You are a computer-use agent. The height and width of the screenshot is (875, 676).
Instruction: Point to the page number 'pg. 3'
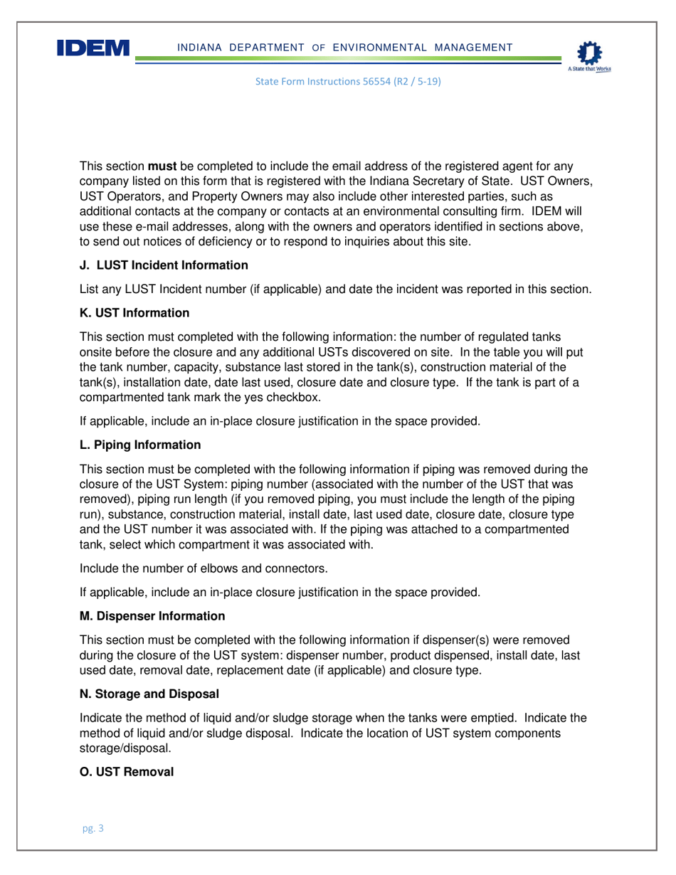(93, 829)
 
